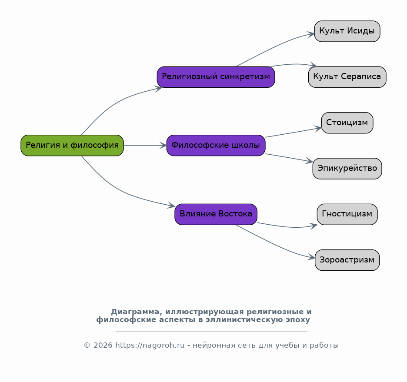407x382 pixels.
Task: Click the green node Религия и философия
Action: (72, 145)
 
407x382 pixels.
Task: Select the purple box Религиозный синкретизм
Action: (216, 77)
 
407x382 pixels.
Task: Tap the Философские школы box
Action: (216, 145)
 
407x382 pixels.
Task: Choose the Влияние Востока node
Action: (216, 214)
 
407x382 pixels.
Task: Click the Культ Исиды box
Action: (347, 31)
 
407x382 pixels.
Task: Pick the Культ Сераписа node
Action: (347, 77)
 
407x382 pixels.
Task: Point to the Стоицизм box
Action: (347, 123)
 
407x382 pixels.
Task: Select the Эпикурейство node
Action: (347, 169)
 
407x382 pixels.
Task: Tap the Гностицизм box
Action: (347, 214)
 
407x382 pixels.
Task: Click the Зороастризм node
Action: (347, 260)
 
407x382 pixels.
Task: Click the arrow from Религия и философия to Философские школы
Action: (145, 145)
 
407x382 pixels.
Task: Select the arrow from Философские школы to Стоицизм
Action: (294, 132)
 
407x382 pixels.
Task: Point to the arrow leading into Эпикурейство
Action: (289, 158)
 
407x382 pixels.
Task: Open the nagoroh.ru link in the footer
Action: (150, 345)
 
